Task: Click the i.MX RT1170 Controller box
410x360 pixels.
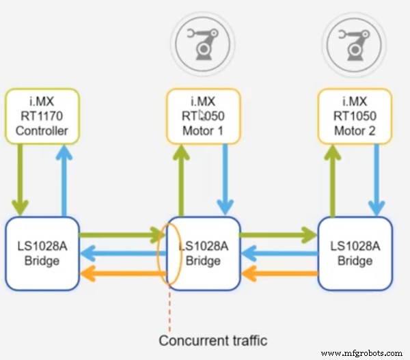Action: click(x=42, y=116)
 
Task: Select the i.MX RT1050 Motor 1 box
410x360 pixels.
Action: click(x=203, y=116)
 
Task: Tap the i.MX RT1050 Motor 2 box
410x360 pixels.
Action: click(x=355, y=116)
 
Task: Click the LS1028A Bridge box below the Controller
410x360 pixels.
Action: click(x=42, y=253)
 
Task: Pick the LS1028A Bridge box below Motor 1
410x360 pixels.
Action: click(x=203, y=253)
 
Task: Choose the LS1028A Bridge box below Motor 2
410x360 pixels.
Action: click(x=355, y=253)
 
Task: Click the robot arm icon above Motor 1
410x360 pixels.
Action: click(x=203, y=40)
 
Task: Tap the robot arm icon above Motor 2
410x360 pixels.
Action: click(x=355, y=40)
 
